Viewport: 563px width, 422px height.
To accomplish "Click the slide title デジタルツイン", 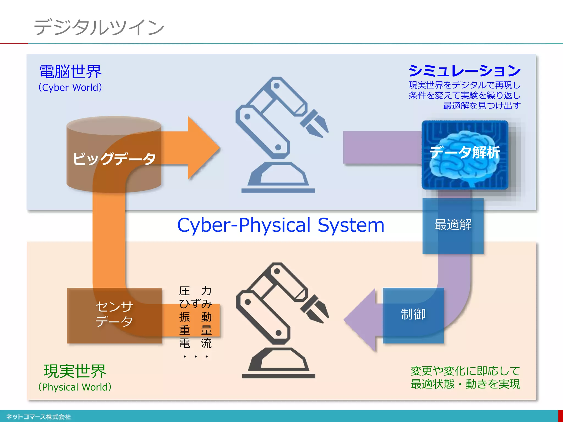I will tap(99, 27).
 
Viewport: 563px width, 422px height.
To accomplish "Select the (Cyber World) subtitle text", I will tap(70, 87).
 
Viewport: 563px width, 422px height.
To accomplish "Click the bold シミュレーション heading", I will tap(465, 71).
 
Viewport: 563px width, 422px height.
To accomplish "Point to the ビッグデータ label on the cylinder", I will tap(114, 159).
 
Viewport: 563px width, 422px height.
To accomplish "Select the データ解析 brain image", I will tap(465, 154).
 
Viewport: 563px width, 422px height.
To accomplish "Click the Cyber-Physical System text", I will tap(280, 225).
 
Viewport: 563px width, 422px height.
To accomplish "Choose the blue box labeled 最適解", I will tap(453, 225).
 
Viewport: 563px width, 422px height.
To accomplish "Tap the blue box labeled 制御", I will tap(413, 315).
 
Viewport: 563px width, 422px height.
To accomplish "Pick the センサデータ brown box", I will tap(114, 315).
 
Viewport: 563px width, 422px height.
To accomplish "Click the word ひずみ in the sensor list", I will tap(195, 304).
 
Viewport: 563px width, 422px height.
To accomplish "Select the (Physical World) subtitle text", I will tap(75, 387).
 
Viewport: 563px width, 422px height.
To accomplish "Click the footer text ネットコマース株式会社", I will tap(38, 417).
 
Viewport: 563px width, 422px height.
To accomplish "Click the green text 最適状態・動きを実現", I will tap(465, 384).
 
